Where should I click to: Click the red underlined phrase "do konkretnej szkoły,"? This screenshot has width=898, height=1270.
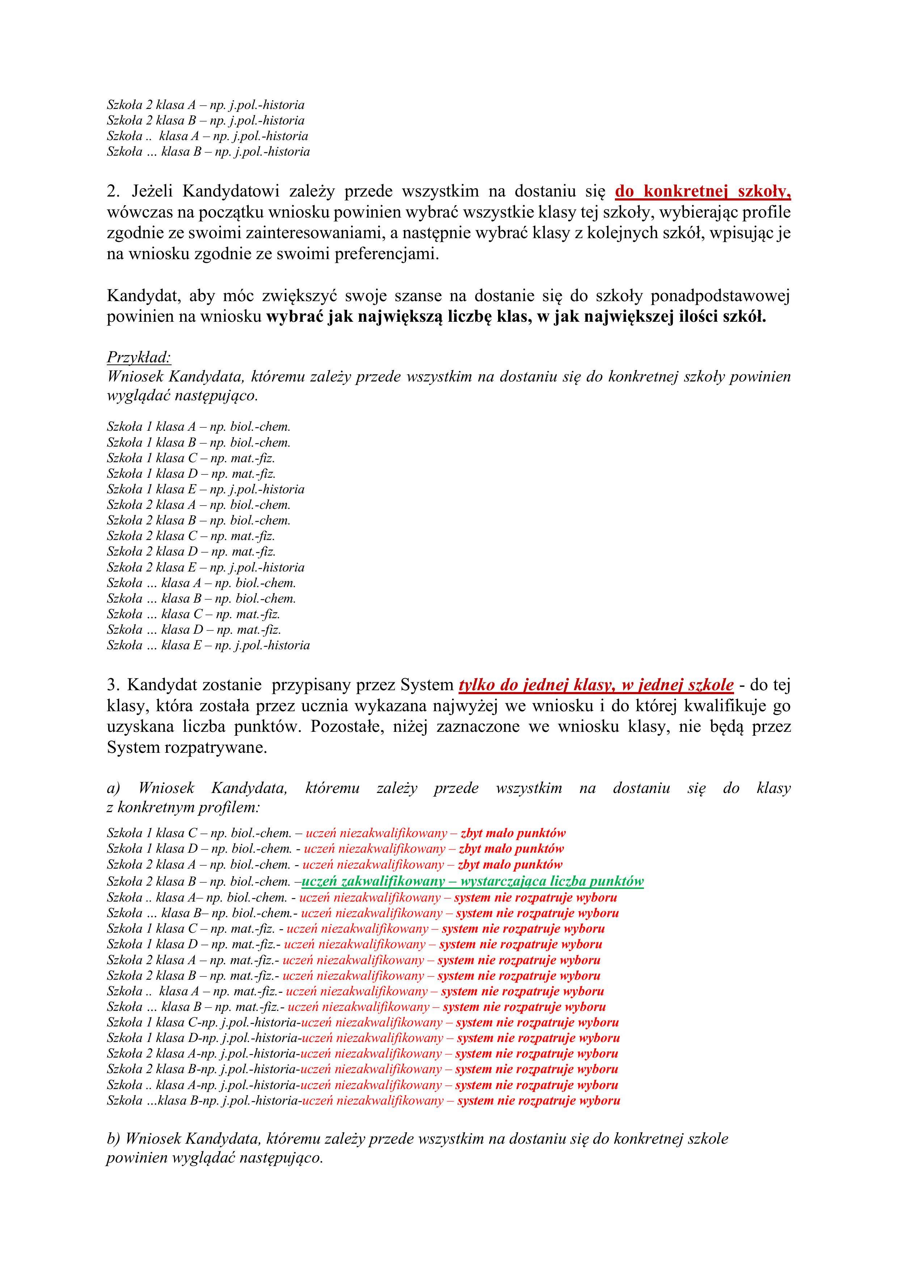pos(703,191)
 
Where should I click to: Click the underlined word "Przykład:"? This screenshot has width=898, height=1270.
pos(139,357)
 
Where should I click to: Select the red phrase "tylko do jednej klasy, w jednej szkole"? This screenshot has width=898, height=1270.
pos(596,685)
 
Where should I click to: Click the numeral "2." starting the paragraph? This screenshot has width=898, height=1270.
pos(113,191)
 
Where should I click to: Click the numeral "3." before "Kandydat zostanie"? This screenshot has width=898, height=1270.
pos(113,685)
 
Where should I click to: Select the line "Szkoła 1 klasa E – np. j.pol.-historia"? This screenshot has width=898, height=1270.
pos(205,490)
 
